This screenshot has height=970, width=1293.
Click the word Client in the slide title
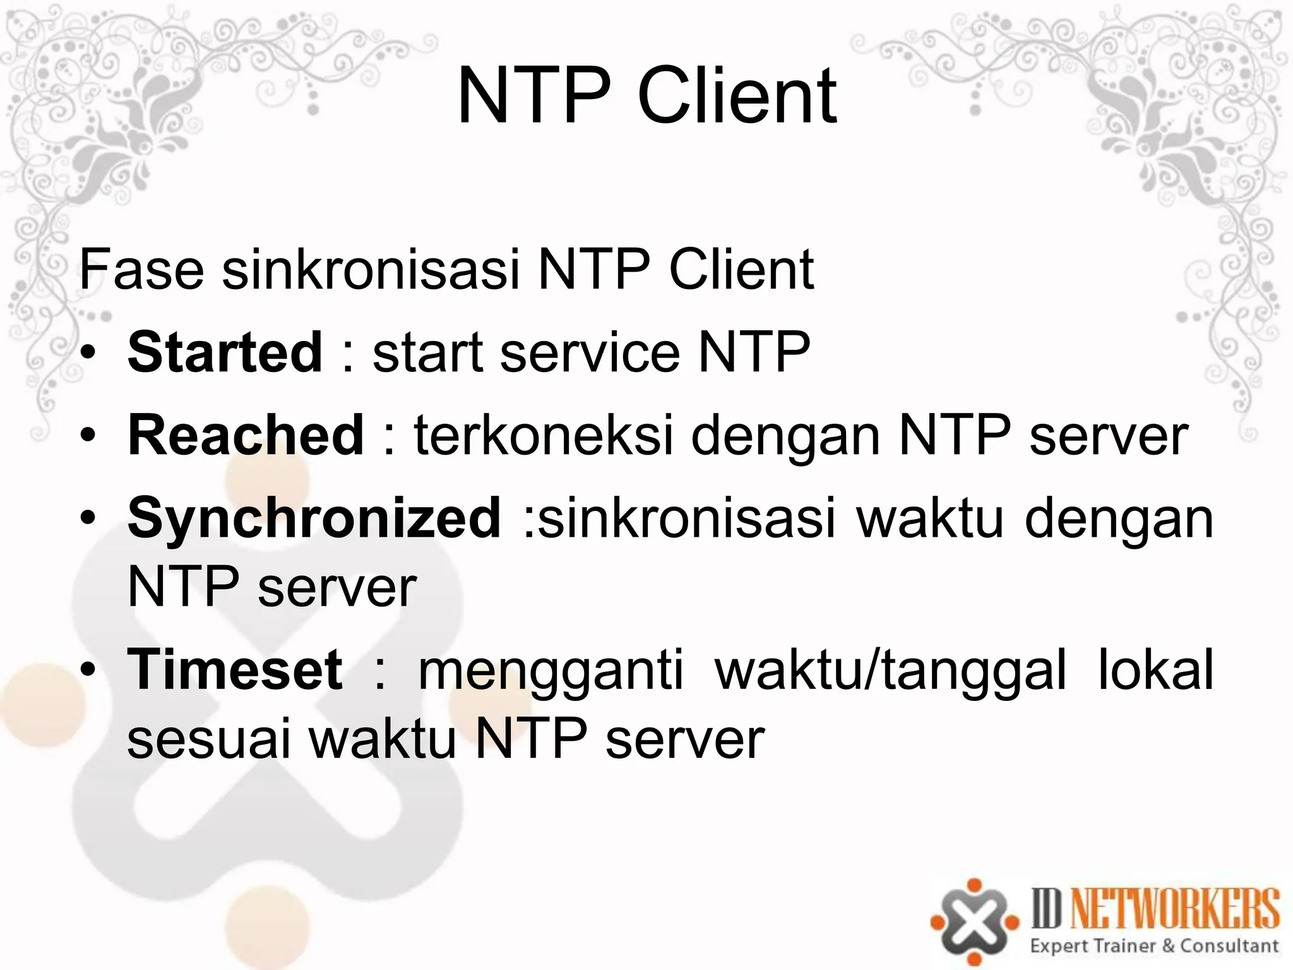pos(737,97)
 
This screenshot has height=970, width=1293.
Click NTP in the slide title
pos(533,97)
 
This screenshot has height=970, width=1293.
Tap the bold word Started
pos(225,352)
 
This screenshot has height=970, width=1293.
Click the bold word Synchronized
pos(314,518)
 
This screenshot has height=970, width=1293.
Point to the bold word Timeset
pos(235,670)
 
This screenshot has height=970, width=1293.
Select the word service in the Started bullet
pos(590,352)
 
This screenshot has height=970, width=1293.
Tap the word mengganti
pos(551,670)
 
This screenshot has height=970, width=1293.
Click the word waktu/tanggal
pos(890,670)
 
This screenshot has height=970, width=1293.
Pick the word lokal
pos(1155,670)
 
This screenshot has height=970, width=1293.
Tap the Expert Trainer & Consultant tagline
pos(1154,945)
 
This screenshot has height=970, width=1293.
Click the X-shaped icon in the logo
pos(974,922)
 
